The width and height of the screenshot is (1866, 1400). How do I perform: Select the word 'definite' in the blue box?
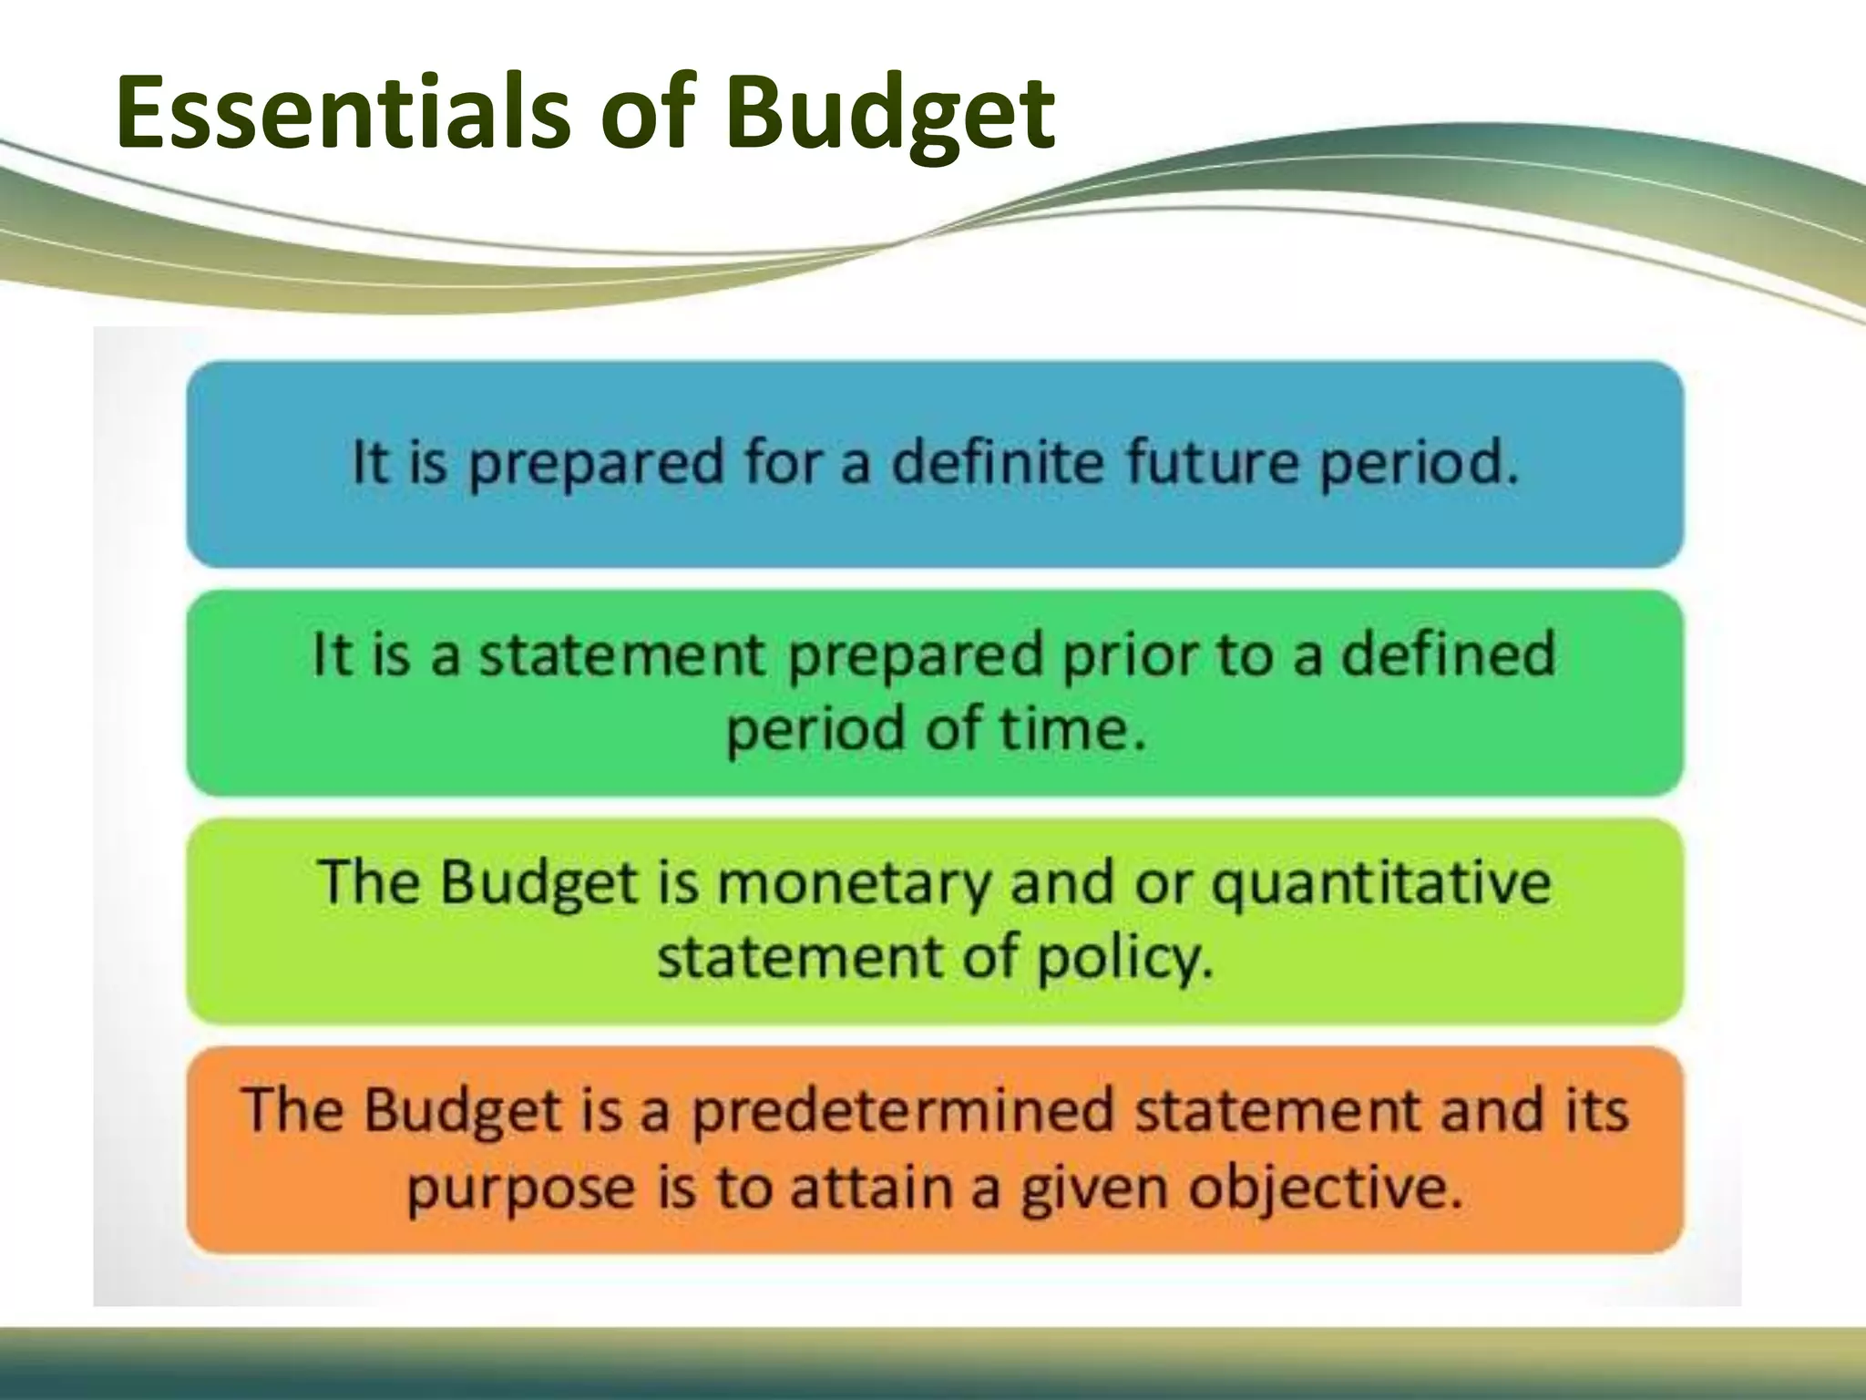coord(997,461)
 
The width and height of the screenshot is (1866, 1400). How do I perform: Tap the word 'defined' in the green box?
coord(1448,654)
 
